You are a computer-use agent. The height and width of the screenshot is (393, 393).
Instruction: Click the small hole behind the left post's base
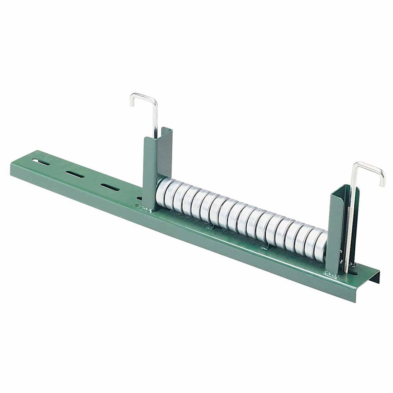pos(140,198)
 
